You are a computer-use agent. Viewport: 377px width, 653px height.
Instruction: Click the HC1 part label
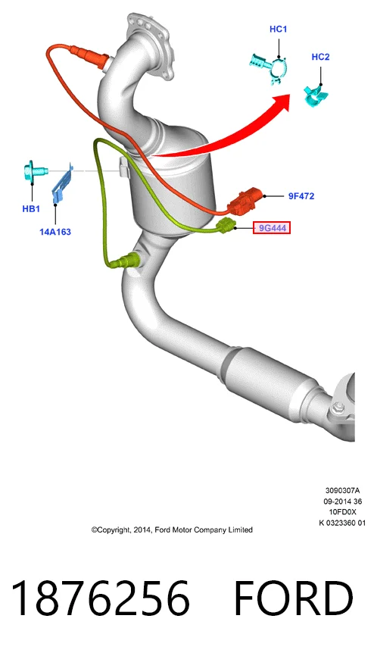tap(279, 29)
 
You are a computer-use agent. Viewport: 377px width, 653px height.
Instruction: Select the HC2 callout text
tap(320, 57)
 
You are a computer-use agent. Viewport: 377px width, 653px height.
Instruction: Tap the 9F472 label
tap(301, 195)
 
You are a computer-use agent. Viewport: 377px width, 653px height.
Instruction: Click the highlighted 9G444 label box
tap(272, 228)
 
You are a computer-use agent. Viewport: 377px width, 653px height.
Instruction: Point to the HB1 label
tap(31, 209)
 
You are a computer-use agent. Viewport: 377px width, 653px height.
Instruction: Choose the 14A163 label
tap(55, 232)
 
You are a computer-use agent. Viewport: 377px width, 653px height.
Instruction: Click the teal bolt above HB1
tap(34, 170)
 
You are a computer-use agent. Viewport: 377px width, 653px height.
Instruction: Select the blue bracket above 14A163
tap(62, 183)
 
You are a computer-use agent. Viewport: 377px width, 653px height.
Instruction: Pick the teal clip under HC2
tap(316, 95)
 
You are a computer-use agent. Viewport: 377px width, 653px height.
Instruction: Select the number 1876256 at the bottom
tap(100, 598)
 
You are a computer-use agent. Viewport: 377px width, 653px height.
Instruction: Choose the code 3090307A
tap(342, 491)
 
